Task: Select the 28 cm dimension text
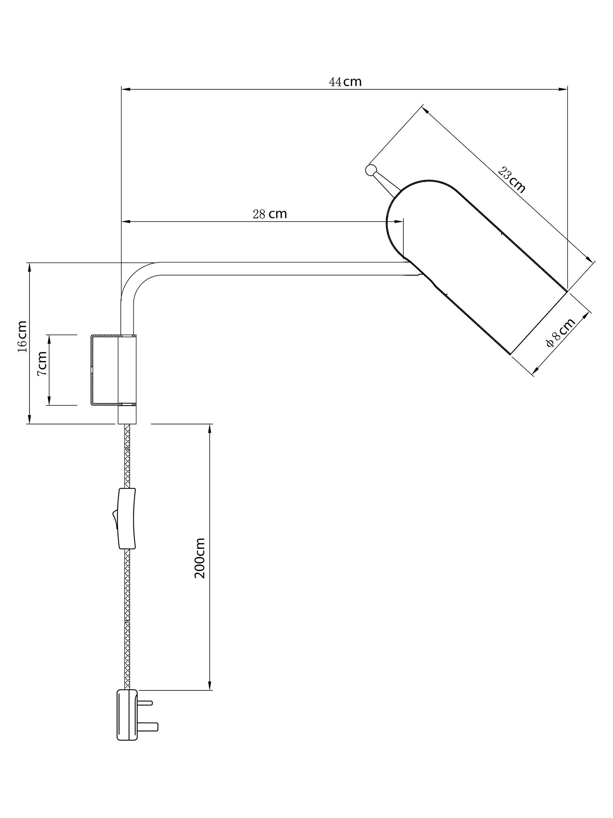270,214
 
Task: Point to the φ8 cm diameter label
561,332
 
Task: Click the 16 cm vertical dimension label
23,336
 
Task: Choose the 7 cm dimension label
42,363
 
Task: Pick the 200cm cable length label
199,559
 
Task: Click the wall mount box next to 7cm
113,370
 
